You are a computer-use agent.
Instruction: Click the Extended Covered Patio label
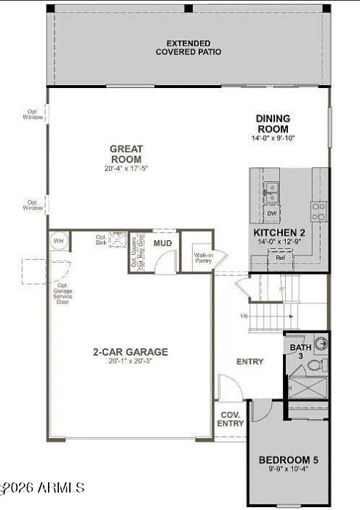point(188,48)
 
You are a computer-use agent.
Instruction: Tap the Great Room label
point(126,154)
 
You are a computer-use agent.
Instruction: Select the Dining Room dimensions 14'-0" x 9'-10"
point(273,138)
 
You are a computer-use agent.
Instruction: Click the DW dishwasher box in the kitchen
point(271,213)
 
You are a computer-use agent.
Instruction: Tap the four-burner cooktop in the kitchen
point(319,211)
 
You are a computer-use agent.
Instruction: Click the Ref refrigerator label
point(280,257)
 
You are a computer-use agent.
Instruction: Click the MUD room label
point(162,243)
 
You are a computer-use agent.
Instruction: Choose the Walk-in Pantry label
point(202,258)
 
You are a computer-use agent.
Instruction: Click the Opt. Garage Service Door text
point(63,293)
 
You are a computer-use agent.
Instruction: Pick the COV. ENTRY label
point(231,419)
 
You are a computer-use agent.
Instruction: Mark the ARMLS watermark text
point(44,487)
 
